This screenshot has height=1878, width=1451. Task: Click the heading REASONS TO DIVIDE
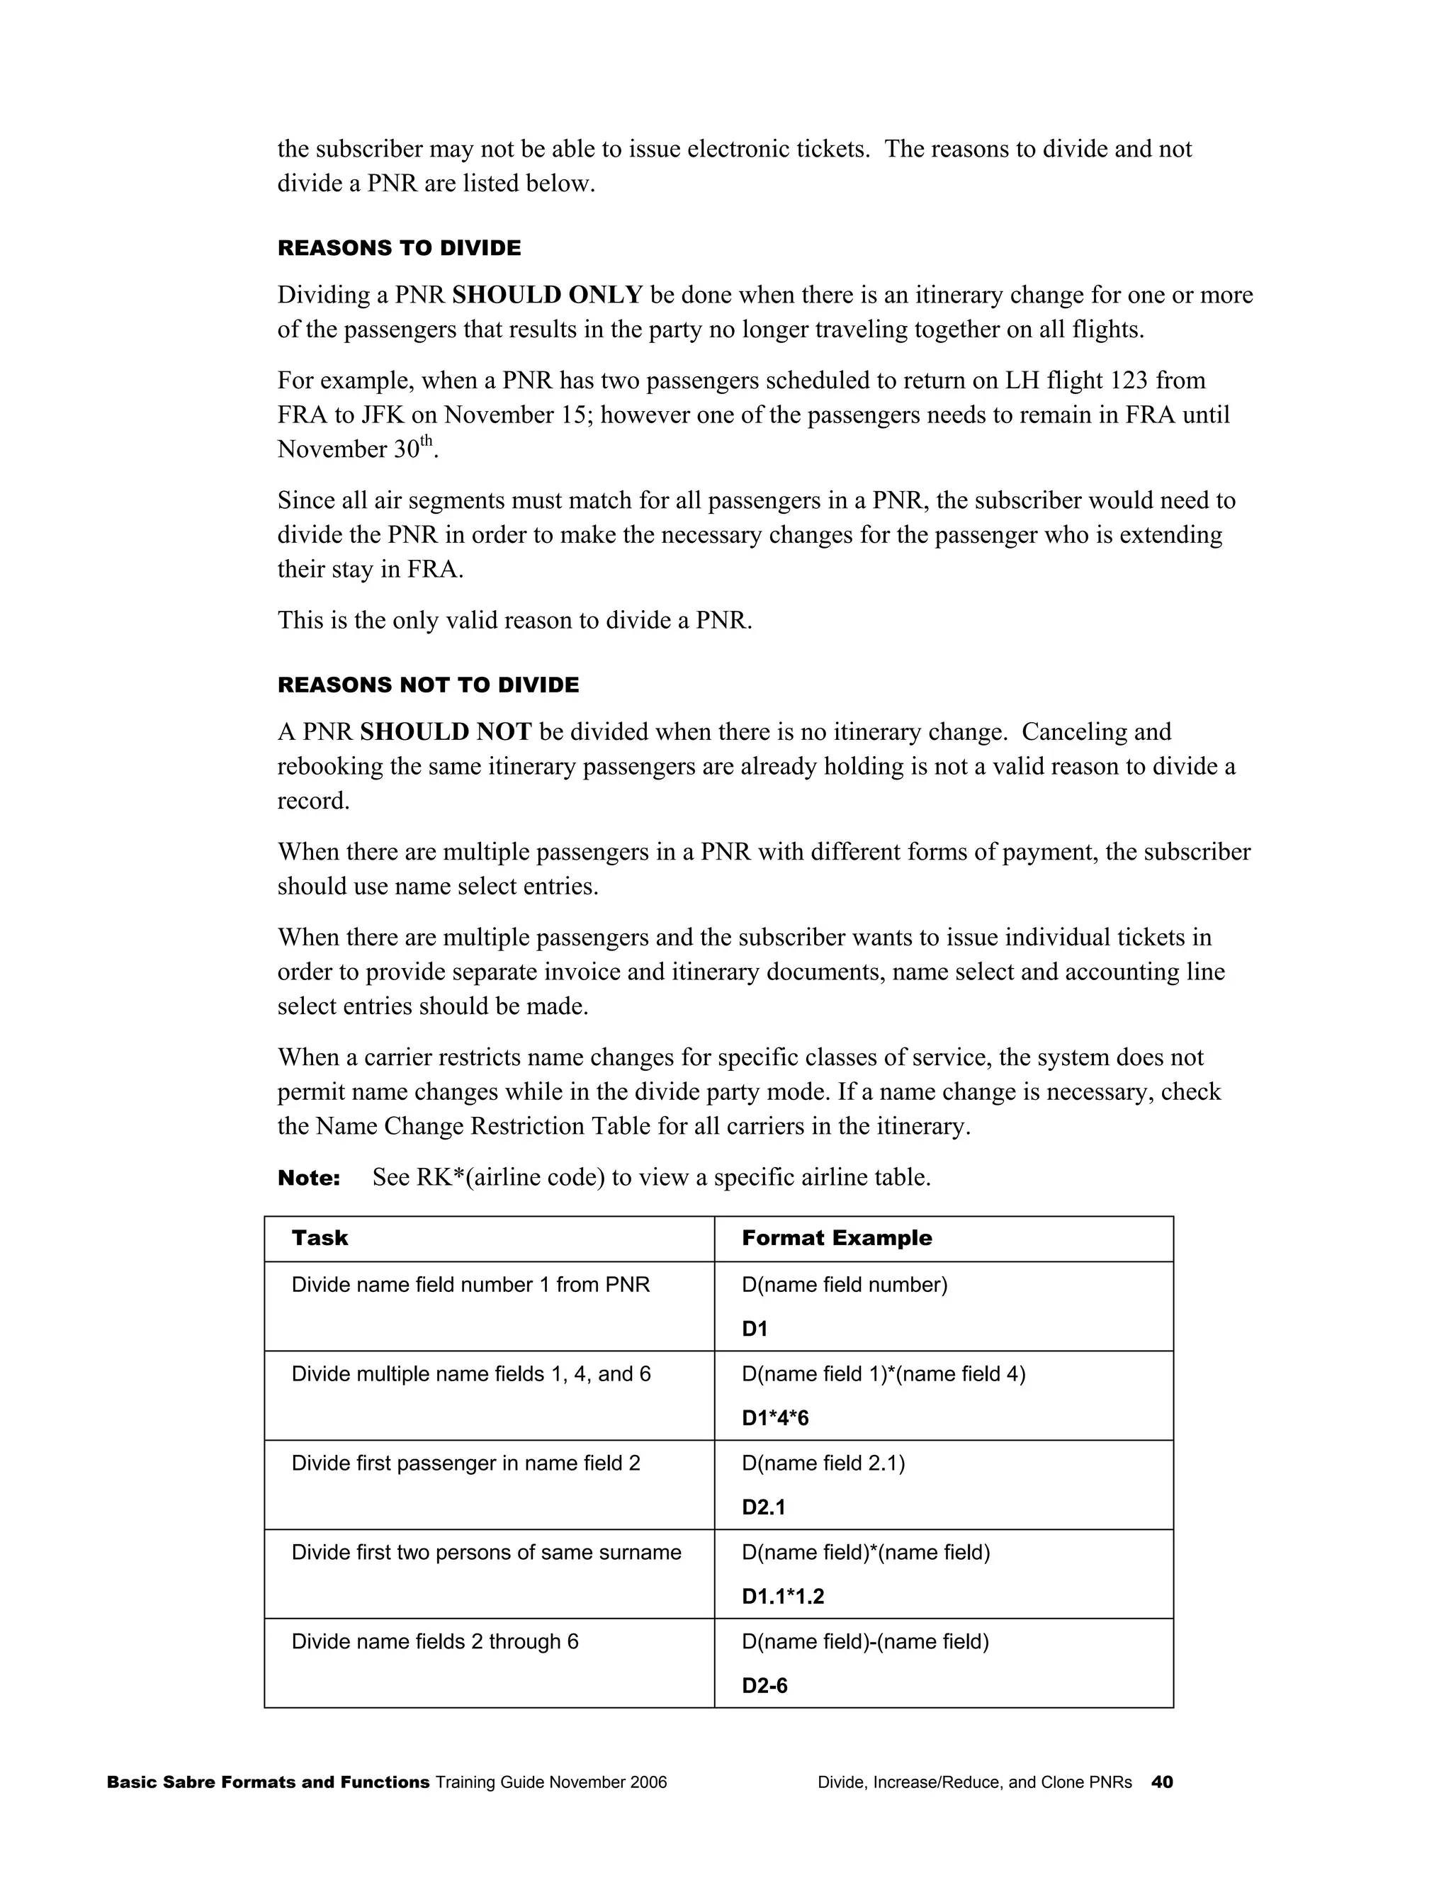pyautogui.click(x=399, y=249)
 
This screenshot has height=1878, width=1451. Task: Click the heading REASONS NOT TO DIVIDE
pyautogui.click(x=428, y=685)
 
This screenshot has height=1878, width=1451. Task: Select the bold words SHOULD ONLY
pyautogui.click(x=547, y=295)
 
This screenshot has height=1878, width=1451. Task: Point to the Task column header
pyautogui.click(x=320, y=1238)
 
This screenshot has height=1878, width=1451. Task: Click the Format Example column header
pyautogui.click(x=837, y=1238)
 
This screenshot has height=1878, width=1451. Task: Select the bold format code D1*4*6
pyautogui.click(x=774, y=1418)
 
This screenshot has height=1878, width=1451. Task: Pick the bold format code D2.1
pyautogui.click(x=763, y=1507)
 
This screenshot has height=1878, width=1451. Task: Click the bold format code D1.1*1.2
pyautogui.click(x=782, y=1597)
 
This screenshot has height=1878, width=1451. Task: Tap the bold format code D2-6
pyautogui.click(x=764, y=1686)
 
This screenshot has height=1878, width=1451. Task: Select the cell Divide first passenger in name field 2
pyautogui.click(x=466, y=1463)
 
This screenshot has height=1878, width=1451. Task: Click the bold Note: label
pyautogui.click(x=309, y=1178)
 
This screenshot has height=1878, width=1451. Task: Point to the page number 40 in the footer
pyautogui.click(x=1161, y=1782)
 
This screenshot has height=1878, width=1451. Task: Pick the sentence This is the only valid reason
pyautogui.click(x=514, y=620)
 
